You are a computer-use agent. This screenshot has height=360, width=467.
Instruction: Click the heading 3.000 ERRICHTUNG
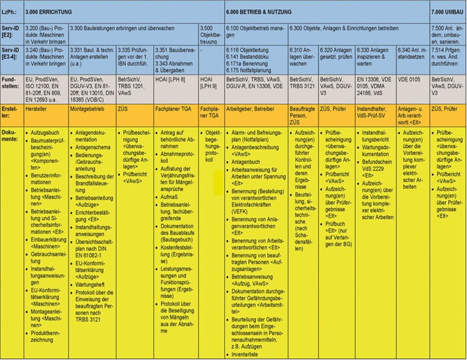pyautogui.click(x=49, y=11)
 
